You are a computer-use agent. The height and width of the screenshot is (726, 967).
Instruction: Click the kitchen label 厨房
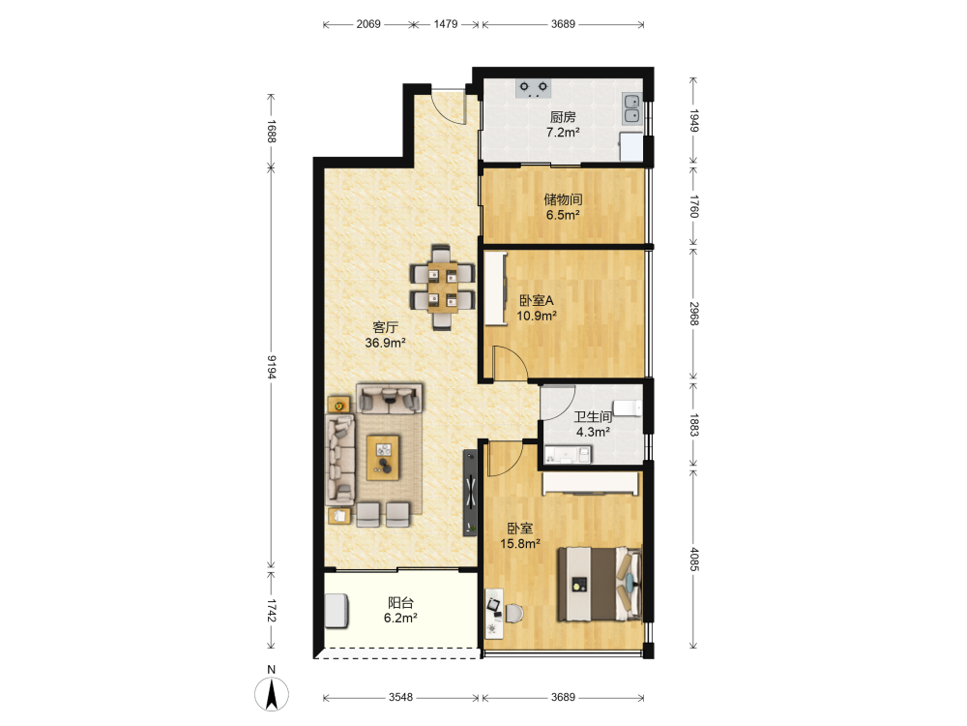pyautogui.click(x=563, y=117)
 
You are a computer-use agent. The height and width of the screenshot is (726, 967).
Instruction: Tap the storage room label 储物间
pyautogui.click(x=563, y=199)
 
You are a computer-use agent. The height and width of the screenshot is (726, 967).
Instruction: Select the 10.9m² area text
pyautogui.click(x=537, y=317)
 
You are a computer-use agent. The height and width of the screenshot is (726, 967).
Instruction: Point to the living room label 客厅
pyautogui.click(x=385, y=327)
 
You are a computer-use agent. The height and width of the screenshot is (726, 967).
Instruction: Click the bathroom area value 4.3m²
pyautogui.click(x=594, y=432)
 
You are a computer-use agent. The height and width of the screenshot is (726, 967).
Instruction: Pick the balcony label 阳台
pyautogui.click(x=401, y=602)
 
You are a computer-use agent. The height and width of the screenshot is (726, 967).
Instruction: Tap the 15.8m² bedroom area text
pyautogui.click(x=520, y=544)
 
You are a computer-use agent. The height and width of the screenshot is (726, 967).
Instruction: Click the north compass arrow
pyautogui.click(x=272, y=694)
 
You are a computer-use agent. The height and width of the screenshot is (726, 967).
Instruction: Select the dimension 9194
pyautogui.click(x=272, y=367)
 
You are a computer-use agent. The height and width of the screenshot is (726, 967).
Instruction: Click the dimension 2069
pyautogui.click(x=368, y=24)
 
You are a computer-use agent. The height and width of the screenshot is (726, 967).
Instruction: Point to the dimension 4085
pyautogui.click(x=693, y=560)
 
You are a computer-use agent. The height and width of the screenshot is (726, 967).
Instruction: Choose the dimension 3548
pyautogui.click(x=401, y=697)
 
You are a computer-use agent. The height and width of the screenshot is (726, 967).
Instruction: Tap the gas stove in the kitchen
pyautogui.click(x=534, y=88)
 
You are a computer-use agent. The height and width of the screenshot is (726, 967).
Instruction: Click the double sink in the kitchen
pyautogui.click(x=631, y=108)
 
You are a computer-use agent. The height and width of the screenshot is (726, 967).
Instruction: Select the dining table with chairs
pyautogui.click(x=442, y=287)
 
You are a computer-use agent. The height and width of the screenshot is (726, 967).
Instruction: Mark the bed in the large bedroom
pyautogui.click(x=600, y=584)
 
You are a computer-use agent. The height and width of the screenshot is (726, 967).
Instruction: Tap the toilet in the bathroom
pyautogui.click(x=629, y=408)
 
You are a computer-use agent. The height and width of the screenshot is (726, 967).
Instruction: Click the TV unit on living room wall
pyautogui.click(x=470, y=493)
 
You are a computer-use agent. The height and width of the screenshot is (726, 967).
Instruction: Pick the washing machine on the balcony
pyautogui.click(x=337, y=611)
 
